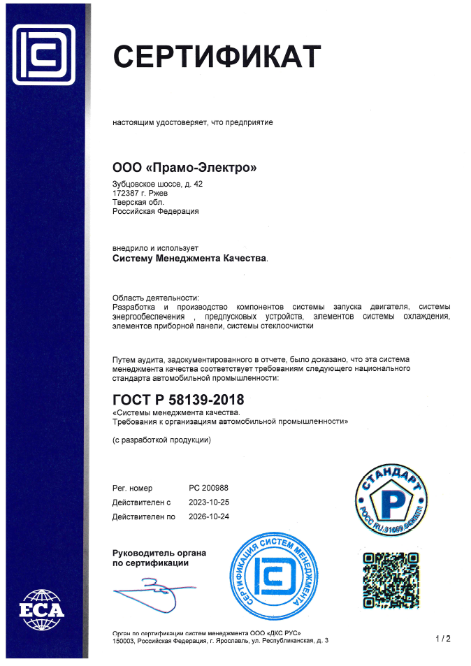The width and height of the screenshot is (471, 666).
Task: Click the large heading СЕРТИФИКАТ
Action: click(x=217, y=57)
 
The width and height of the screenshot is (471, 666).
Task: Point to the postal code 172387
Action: click(x=126, y=193)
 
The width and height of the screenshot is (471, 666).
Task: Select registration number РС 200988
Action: click(x=209, y=488)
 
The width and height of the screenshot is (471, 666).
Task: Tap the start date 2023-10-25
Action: click(x=209, y=502)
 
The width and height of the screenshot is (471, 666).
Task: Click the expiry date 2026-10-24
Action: click(x=209, y=516)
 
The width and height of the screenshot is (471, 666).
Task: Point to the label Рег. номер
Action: click(x=132, y=488)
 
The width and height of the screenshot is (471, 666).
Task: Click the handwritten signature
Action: click(x=150, y=588)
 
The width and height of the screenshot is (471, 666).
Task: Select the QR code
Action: click(x=391, y=579)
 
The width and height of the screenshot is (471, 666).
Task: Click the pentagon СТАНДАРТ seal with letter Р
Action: click(x=392, y=500)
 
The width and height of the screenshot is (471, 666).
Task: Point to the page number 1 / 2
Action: click(x=443, y=639)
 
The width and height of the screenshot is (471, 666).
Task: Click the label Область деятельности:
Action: click(x=156, y=298)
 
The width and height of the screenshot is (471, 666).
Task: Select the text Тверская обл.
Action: click(x=133, y=202)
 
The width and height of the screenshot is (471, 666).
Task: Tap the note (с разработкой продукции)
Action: click(x=161, y=440)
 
